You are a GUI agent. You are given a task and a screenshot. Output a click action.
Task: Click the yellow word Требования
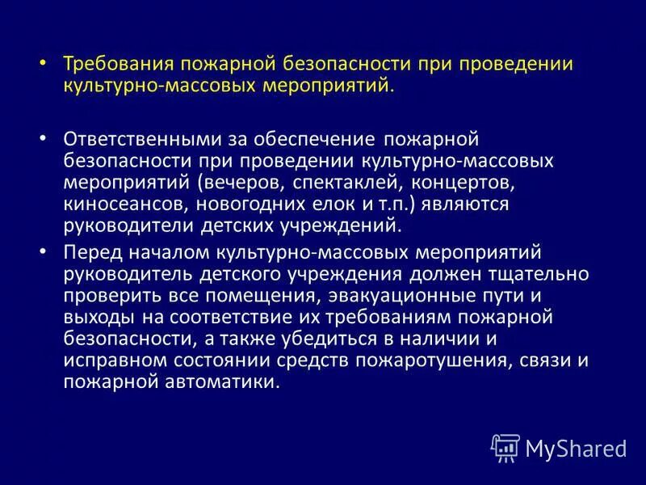(111, 65)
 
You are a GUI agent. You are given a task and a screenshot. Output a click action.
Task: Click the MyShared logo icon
(505, 446)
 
